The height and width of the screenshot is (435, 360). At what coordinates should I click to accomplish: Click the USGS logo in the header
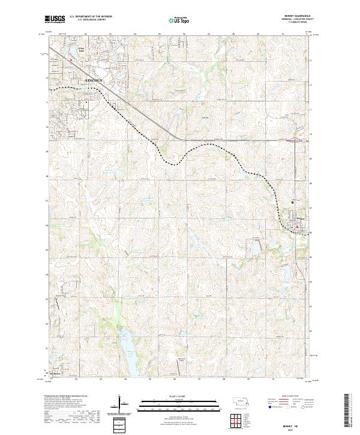(55, 20)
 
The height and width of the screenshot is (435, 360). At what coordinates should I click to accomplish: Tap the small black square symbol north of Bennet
(293, 202)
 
